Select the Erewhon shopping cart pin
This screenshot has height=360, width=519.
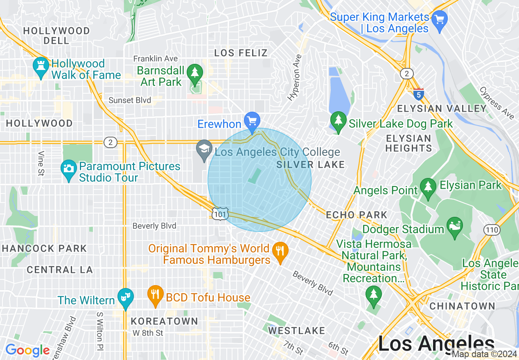(252, 122)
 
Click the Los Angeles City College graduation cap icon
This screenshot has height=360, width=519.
(204, 150)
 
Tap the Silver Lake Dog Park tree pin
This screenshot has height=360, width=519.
(338, 122)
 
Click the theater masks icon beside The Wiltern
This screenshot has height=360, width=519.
(125, 298)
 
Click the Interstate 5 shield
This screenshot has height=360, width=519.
(418, 94)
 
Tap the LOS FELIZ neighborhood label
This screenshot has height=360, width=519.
(241, 53)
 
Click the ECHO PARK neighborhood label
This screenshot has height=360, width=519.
(357, 215)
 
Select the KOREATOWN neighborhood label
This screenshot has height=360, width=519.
(165, 321)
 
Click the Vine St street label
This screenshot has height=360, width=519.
(41, 163)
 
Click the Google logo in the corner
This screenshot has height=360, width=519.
(27, 350)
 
